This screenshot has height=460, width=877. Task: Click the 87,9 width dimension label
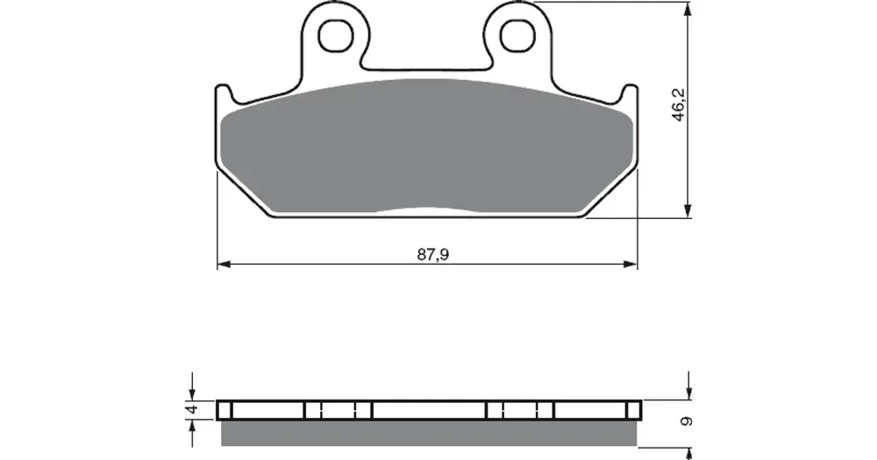pos(433,255)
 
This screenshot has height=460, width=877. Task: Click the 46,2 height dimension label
pos(679,104)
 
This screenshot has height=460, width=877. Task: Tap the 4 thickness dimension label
pos(193,409)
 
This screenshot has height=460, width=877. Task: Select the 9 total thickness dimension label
pos(688,421)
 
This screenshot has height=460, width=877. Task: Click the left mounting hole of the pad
pos(336,36)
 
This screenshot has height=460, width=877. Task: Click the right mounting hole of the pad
pos(517,36)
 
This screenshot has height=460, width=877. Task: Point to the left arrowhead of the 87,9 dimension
pos(224,263)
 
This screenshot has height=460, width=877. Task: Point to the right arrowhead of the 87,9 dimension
pos(631,263)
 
